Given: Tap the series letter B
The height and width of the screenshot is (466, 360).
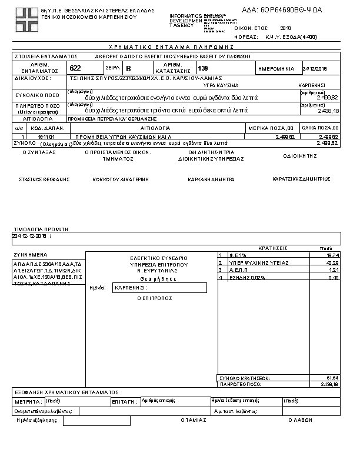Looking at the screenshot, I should point(129,69).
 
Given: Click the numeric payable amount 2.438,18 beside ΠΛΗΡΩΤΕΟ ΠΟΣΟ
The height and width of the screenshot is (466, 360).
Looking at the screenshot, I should point(326,110).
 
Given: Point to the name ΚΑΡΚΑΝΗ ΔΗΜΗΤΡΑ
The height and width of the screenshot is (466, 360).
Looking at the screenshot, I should point(211,179).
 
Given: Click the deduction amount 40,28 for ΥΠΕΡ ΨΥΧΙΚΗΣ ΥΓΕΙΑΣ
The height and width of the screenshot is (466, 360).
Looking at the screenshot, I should point(332,262).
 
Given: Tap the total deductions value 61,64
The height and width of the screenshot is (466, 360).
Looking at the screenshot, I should point(332,378).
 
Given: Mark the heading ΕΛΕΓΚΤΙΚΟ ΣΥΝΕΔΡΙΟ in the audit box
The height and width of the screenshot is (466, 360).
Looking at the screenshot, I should point(159,258).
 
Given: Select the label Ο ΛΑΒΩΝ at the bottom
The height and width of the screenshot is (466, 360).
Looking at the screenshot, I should point(299,420).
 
